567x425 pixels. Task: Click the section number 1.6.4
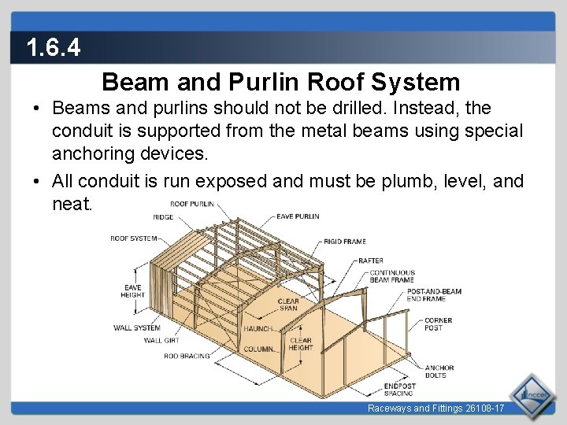pos(53,49)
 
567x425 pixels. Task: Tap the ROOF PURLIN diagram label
pos(192,204)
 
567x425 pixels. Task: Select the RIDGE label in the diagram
pos(163,217)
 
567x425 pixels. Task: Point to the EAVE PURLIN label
pos(298,216)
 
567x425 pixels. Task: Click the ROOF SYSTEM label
pos(133,238)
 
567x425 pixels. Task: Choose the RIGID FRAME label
pos(344,242)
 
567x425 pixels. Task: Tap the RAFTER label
pos(370,261)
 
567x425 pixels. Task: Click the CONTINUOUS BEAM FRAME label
pos(392,276)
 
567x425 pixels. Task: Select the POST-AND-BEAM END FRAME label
pos(434,295)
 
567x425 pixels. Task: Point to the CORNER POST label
pos(438,324)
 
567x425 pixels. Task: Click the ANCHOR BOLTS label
pos(439,371)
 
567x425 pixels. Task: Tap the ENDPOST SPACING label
pos(399,390)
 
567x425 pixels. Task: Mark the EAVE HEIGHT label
pos(132,291)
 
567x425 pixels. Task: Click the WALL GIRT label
pos(161,341)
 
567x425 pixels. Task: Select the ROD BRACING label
pos(187,356)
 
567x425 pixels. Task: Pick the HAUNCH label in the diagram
pos(258,329)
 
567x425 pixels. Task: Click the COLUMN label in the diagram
pos(258,349)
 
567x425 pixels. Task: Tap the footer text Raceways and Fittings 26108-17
pos(435,408)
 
